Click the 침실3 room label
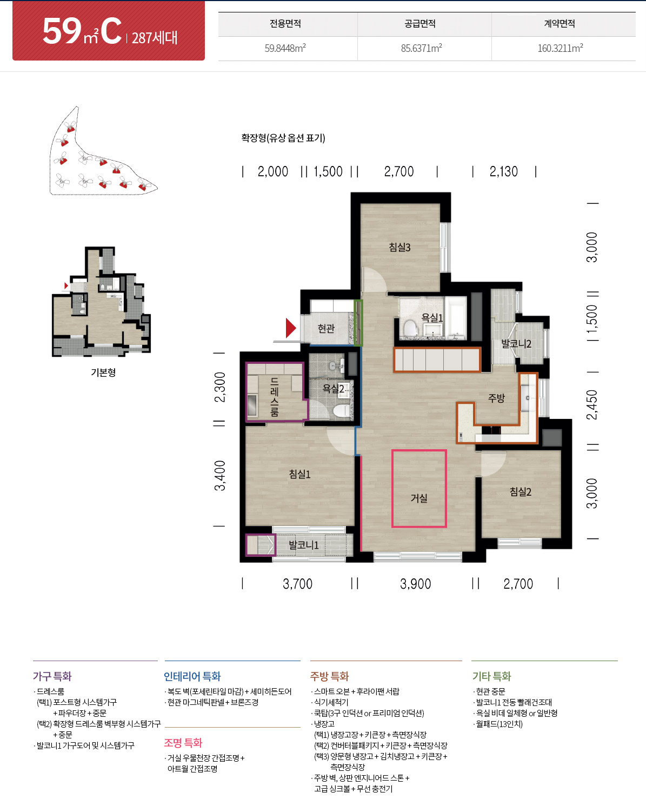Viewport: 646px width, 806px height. click(399, 247)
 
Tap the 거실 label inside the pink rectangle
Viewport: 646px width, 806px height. click(418, 498)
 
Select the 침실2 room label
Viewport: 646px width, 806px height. click(521, 491)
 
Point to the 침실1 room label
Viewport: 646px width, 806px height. click(299, 474)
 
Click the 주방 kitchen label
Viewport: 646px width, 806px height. click(497, 398)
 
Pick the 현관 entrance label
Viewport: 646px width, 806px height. click(326, 329)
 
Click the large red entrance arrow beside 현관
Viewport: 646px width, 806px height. click(291, 328)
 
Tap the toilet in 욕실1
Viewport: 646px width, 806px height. click(410, 328)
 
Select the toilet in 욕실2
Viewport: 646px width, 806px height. click(341, 411)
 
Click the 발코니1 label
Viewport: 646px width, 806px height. click(304, 545)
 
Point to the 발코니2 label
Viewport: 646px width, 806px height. click(516, 343)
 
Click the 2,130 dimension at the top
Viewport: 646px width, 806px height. click(504, 171)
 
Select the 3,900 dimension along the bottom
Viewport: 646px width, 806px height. click(416, 583)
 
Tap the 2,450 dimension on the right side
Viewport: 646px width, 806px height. click(592, 404)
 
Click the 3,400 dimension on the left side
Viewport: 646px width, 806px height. click(220, 476)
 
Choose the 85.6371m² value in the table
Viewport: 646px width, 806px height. click(422, 48)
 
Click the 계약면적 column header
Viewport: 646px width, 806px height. click(560, 24)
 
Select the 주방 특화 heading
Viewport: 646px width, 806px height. click(330, 676)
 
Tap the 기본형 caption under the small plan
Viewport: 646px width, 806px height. click(103, 372)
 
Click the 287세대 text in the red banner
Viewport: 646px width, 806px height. click(154, 38)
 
